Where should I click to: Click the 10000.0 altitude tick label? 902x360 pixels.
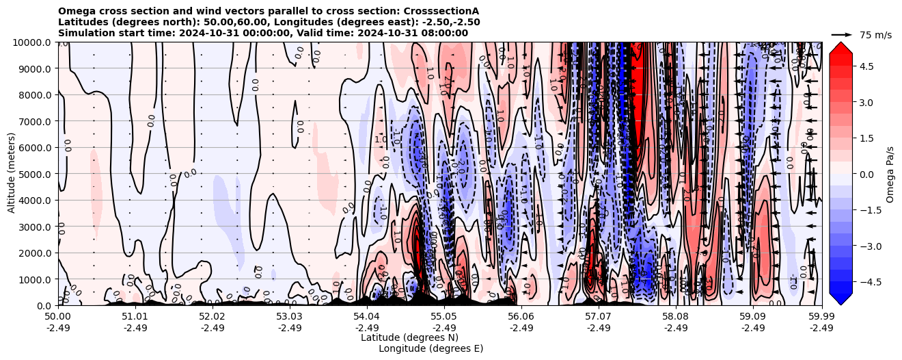tap(33, 42)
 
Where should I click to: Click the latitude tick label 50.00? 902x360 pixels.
tap(58, 317)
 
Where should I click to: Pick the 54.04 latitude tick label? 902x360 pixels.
tap(367, 317)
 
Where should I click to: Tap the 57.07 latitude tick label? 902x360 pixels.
tap(599, 317)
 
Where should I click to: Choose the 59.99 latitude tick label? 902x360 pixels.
tap(821, 317)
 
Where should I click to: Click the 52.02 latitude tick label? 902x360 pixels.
tap(213, 317)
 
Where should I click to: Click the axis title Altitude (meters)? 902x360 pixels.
tap(12, 174)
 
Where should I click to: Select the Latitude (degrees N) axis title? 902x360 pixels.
tap(409, 337)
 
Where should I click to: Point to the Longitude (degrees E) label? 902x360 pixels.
tap(430, 348)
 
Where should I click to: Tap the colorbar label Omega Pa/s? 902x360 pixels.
tap(890, 174)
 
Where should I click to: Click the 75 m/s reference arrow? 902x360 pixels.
tap(841, 34)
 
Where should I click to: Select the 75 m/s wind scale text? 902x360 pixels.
tap(875, 35)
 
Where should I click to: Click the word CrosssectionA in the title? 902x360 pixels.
tap(445, 11)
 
